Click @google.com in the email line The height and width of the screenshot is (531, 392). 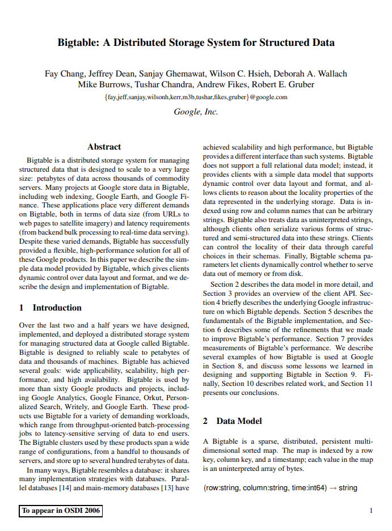pos(268,97)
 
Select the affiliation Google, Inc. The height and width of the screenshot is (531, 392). pos(196,112)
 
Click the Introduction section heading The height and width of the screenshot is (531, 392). pos(57,308)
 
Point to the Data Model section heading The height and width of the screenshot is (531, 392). pos(239,421)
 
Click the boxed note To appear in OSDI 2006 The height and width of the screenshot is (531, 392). pos(60,511)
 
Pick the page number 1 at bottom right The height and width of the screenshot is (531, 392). pos(370,511)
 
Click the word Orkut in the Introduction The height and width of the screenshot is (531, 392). pos(139,398)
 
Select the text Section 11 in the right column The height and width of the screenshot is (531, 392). pos(356,384)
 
